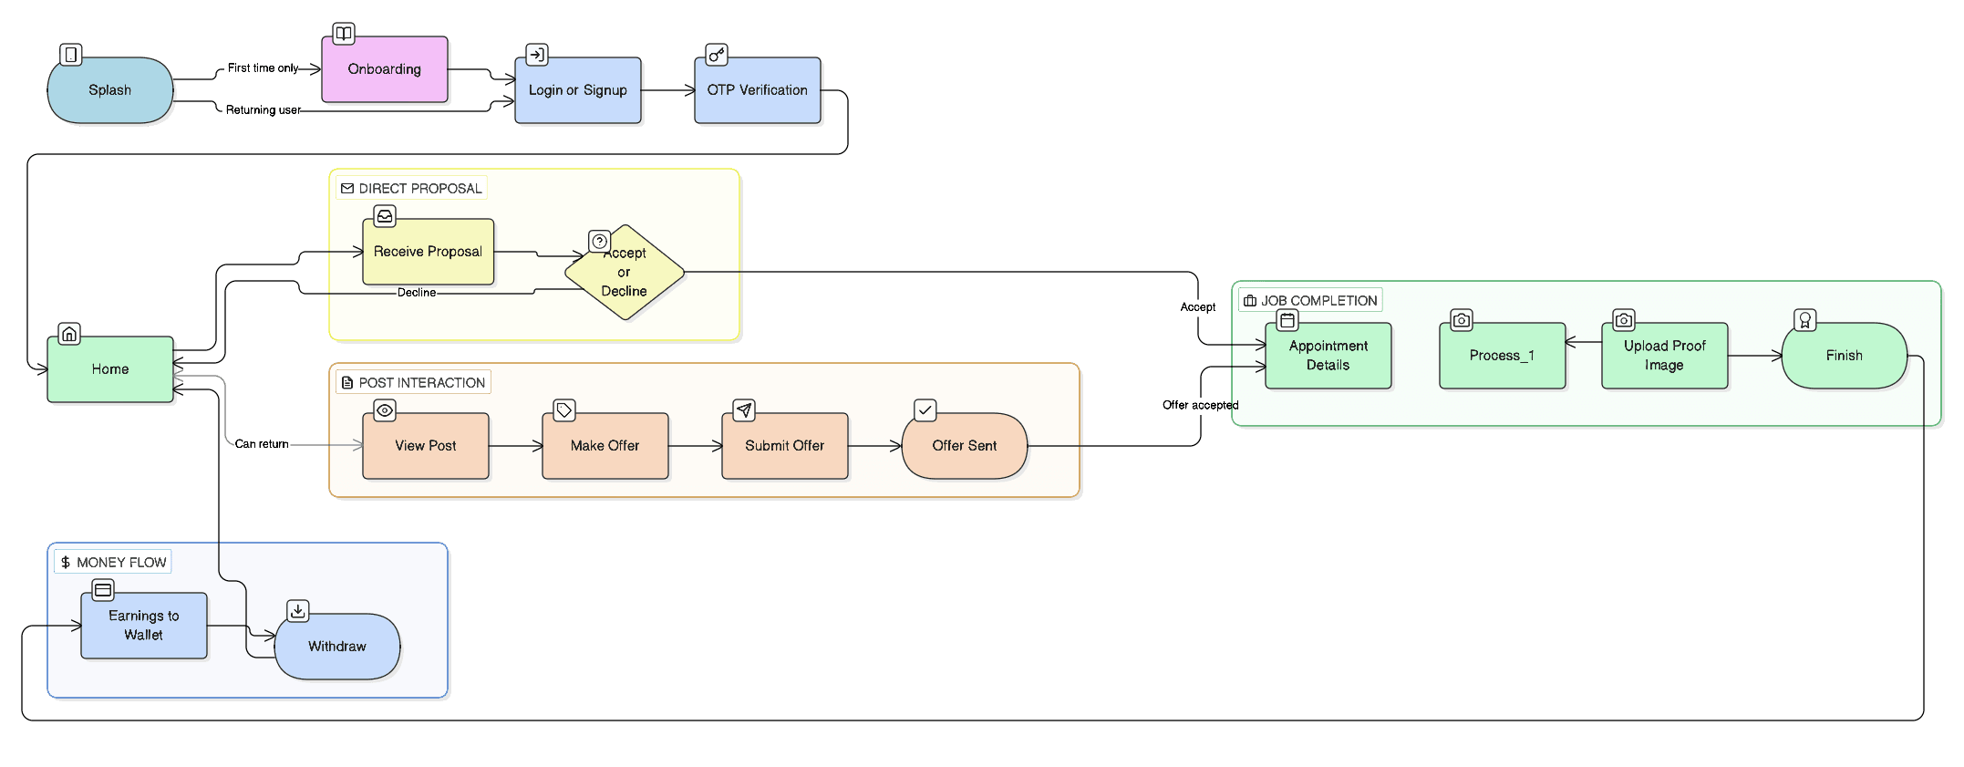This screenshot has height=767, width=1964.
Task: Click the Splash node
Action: [x=110, y=90]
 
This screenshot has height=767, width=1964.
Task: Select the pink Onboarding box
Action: [x=385, y=69]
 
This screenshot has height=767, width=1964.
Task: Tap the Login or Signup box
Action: [x=578, y=90]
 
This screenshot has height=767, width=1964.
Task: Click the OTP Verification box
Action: [x=758, y=90]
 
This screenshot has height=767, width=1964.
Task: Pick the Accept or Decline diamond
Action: [x=625, y=272]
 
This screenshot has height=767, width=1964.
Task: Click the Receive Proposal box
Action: [x=429, y=252]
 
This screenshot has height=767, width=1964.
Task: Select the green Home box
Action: [x=110, y=369]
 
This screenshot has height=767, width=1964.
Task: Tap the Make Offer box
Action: [x=605, y=446]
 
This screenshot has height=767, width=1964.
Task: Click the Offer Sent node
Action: [x=965, y=446]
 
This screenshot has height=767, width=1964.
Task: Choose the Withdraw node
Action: [x=337, y=647]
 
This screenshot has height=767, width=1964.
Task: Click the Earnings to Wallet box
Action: [x=144, y=626]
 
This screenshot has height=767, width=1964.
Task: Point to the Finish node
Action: [x=1845, y=356]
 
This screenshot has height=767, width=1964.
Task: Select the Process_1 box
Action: [x=1503, y=356]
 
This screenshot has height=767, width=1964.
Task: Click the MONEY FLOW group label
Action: [x=113, y=563]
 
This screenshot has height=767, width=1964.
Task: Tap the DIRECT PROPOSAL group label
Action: [x=411, y=189]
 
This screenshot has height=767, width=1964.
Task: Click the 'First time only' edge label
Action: [x=264, y=68]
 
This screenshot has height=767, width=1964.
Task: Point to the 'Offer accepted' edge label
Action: [x=1201, y=405]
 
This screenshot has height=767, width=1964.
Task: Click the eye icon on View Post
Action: [x=385, y=410]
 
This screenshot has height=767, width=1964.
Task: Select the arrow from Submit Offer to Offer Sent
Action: [x=874, y=446]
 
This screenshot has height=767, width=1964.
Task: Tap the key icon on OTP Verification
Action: [x=717, y=55]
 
